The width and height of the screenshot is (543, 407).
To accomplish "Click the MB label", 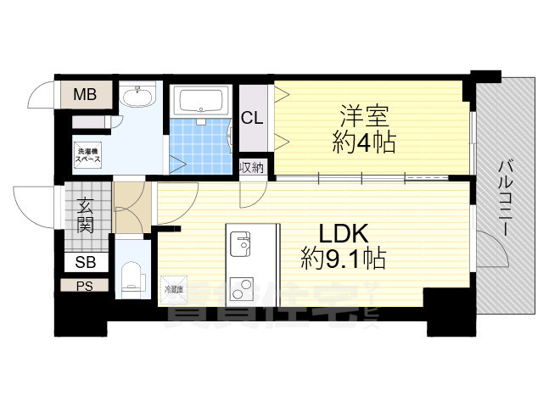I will (83, 94).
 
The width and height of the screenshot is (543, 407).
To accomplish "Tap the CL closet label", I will (252, 118).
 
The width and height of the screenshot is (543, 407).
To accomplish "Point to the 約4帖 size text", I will (363, 142).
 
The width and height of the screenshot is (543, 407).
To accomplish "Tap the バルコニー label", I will (504, 196).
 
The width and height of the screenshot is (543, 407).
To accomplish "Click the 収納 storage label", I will (252, 167).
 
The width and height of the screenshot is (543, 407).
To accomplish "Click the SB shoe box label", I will (85, 262).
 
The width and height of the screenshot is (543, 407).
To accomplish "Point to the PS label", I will (84, 286).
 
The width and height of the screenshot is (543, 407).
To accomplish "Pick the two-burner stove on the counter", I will (240, 289).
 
